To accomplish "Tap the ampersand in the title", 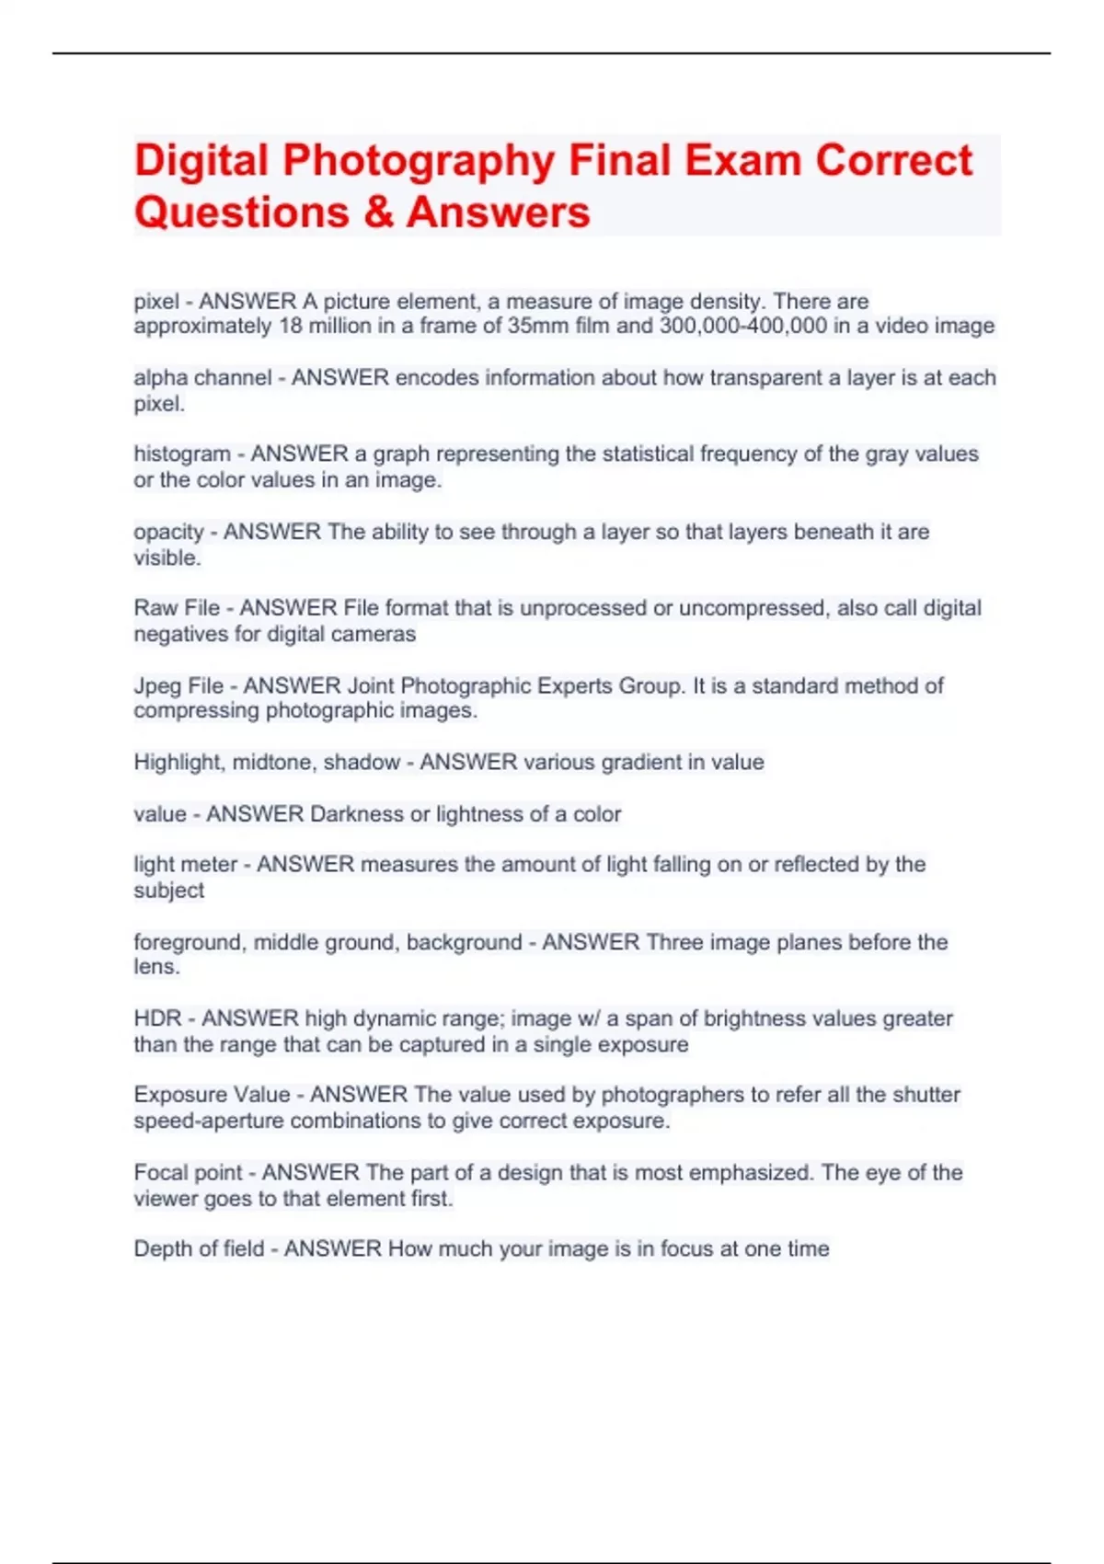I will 377,213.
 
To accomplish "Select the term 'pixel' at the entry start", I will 156,302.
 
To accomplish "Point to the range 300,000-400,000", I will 743,326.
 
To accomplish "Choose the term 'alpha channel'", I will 202,378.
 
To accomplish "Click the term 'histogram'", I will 182,454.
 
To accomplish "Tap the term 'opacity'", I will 168,533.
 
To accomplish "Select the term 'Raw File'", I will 177,608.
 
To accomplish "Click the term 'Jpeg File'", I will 178,686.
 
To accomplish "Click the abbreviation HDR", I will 157,1019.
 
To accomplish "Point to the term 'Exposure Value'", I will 212,1095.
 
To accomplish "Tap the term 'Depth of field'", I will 199,1249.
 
